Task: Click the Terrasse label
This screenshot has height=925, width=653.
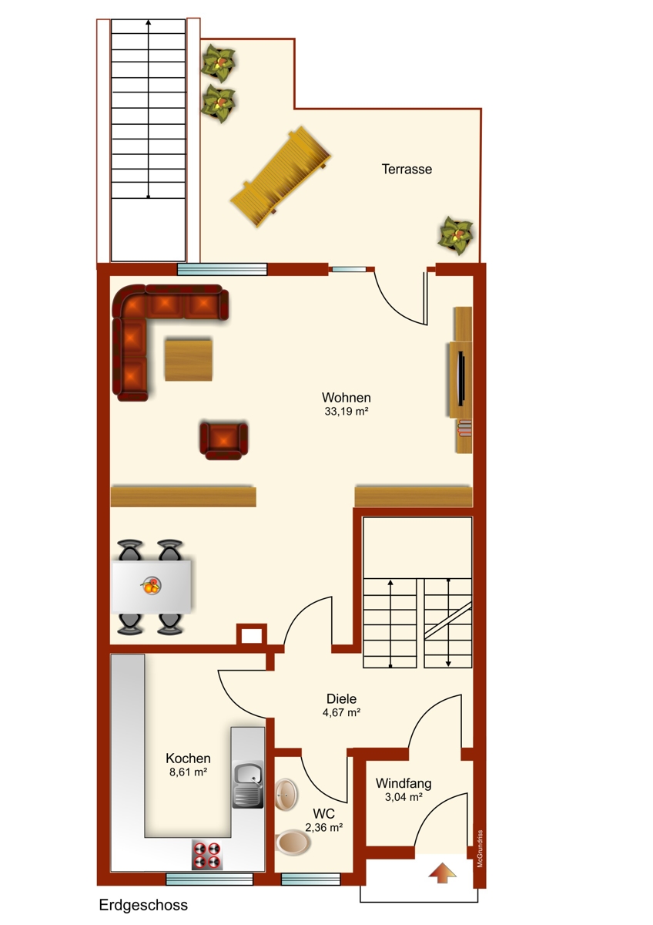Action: click(x=407, y=169)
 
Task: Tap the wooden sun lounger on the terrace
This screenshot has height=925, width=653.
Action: click(x=281, y=177)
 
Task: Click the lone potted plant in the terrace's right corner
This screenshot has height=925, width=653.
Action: click(x=455, y=235)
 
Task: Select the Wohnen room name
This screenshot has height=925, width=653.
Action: click(x=346, y=397)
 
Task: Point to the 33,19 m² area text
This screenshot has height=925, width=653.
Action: click(x=346, y=412)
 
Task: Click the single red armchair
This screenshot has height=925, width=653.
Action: click(x=224, y=440)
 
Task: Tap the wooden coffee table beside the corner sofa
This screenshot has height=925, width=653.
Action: click(x=189, y=360)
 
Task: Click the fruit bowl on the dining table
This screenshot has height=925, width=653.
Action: click(x=151, y=585)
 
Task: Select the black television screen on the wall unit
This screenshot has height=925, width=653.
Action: click(x=461, y=377)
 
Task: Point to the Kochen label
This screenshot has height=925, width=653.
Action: click(x=188, y=758)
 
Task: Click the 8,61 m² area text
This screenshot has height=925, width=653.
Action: click(x=188, y=772)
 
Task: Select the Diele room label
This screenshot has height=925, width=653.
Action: click(x=341, y=698)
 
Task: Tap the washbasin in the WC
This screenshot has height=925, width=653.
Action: click(x=286, y=795)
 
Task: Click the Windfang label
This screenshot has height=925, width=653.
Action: click(x=404, y=783)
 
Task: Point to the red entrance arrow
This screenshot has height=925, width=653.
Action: click(x=442, y=873)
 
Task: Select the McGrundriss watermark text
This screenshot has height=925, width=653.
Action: click(x=480, y=849)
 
